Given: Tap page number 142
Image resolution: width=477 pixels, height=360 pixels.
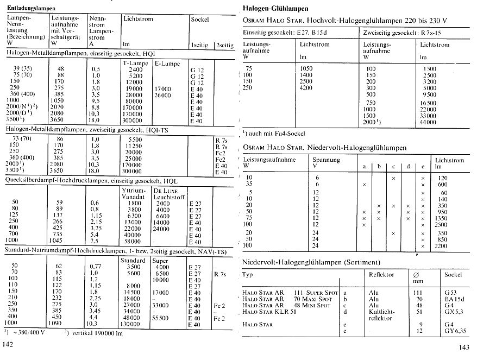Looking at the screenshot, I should tap(8, 345).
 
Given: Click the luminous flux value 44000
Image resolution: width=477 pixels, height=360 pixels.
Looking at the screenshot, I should tap(428, 123).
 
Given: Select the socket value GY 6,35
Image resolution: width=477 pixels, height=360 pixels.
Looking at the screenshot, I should tap(454, 331).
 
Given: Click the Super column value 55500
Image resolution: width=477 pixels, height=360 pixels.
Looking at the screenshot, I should tap(165, 318).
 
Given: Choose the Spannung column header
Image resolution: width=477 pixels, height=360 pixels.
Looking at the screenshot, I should tap(327, 160).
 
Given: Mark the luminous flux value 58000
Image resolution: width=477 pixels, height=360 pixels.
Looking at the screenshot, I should tap(133, 241).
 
